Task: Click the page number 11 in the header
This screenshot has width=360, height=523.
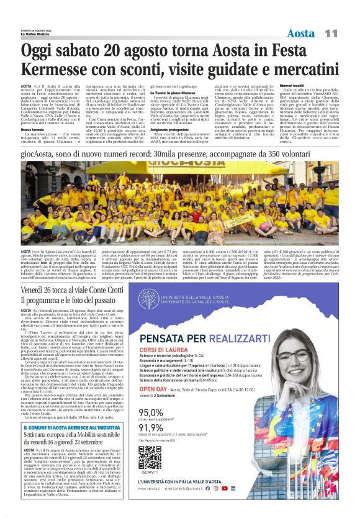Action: coord(331,32)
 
